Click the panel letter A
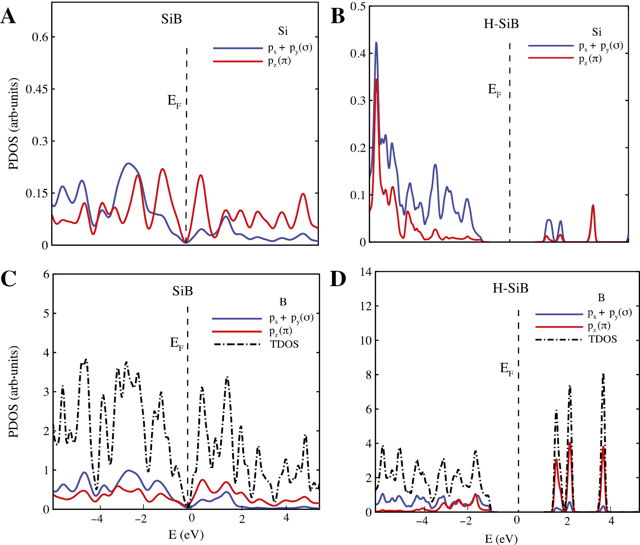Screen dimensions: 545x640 (8, 17)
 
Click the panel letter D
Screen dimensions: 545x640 (338, 279)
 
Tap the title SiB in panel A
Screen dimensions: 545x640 (171, 19)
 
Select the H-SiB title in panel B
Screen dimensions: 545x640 (501, 24)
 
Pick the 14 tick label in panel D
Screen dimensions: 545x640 (366, 272)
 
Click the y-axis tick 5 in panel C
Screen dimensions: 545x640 (46, 313)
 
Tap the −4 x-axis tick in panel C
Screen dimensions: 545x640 (97, 518)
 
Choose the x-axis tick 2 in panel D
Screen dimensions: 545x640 (567, 521)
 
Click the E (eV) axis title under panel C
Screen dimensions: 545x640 (186, 535)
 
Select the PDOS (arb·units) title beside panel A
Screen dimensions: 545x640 (13, 124)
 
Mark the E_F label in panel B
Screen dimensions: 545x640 (494, 90)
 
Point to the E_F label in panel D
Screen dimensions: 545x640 (507, 369)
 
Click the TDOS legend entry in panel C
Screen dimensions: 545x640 (284, 344)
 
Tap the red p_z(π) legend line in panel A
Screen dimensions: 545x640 (238, 61)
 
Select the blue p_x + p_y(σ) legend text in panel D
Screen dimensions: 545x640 (609, 313)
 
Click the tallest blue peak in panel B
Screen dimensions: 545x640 (376, 43)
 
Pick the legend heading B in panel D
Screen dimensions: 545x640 (601, 298)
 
